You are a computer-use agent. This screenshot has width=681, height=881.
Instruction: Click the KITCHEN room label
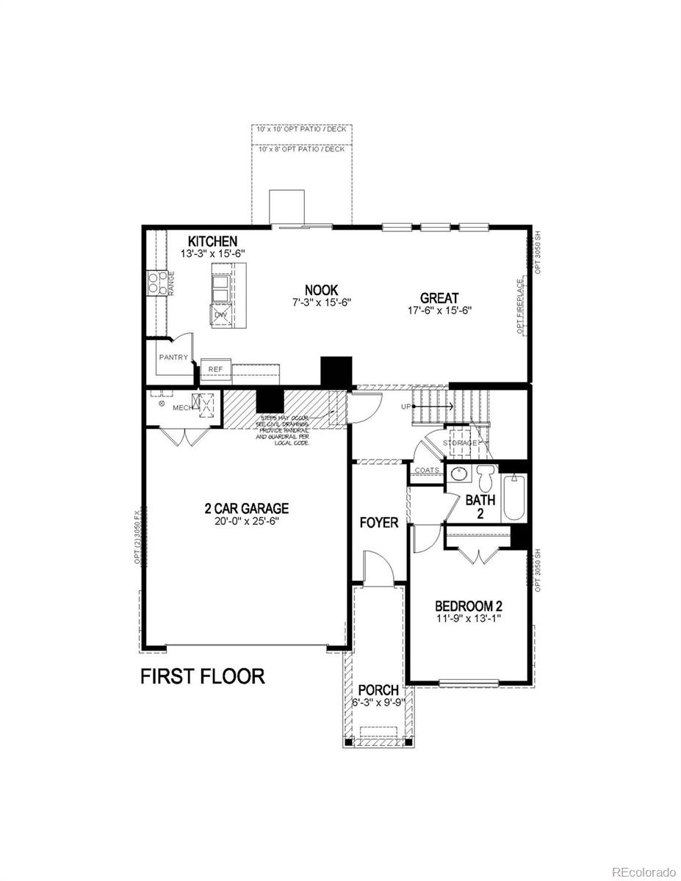click(212, 242)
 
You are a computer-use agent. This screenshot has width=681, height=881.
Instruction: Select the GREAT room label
click(439, 298)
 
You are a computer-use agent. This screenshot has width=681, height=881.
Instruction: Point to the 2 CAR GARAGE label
click(246, 508)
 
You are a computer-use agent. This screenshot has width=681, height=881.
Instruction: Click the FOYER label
click(378, 523)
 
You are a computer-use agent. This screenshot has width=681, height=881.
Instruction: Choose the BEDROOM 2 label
click(469, 606)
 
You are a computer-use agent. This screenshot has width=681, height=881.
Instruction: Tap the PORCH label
click(378, 690)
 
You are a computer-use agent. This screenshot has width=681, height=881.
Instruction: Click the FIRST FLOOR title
click(202, 676)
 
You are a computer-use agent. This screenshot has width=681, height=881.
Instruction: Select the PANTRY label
click(173, 358)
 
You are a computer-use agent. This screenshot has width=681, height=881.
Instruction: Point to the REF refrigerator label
click(215, 369)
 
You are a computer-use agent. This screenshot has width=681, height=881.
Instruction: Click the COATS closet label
click(427, 470)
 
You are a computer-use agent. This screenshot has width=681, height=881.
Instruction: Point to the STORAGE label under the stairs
click(460, 443)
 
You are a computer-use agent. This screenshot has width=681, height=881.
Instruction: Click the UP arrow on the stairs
click(433, 405)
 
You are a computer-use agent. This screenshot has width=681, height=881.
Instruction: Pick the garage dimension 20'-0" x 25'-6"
click(246, 521)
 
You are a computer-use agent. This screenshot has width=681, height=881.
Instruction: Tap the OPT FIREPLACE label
click(519, 306)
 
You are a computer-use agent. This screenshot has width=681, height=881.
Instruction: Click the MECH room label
click(182, 407)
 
